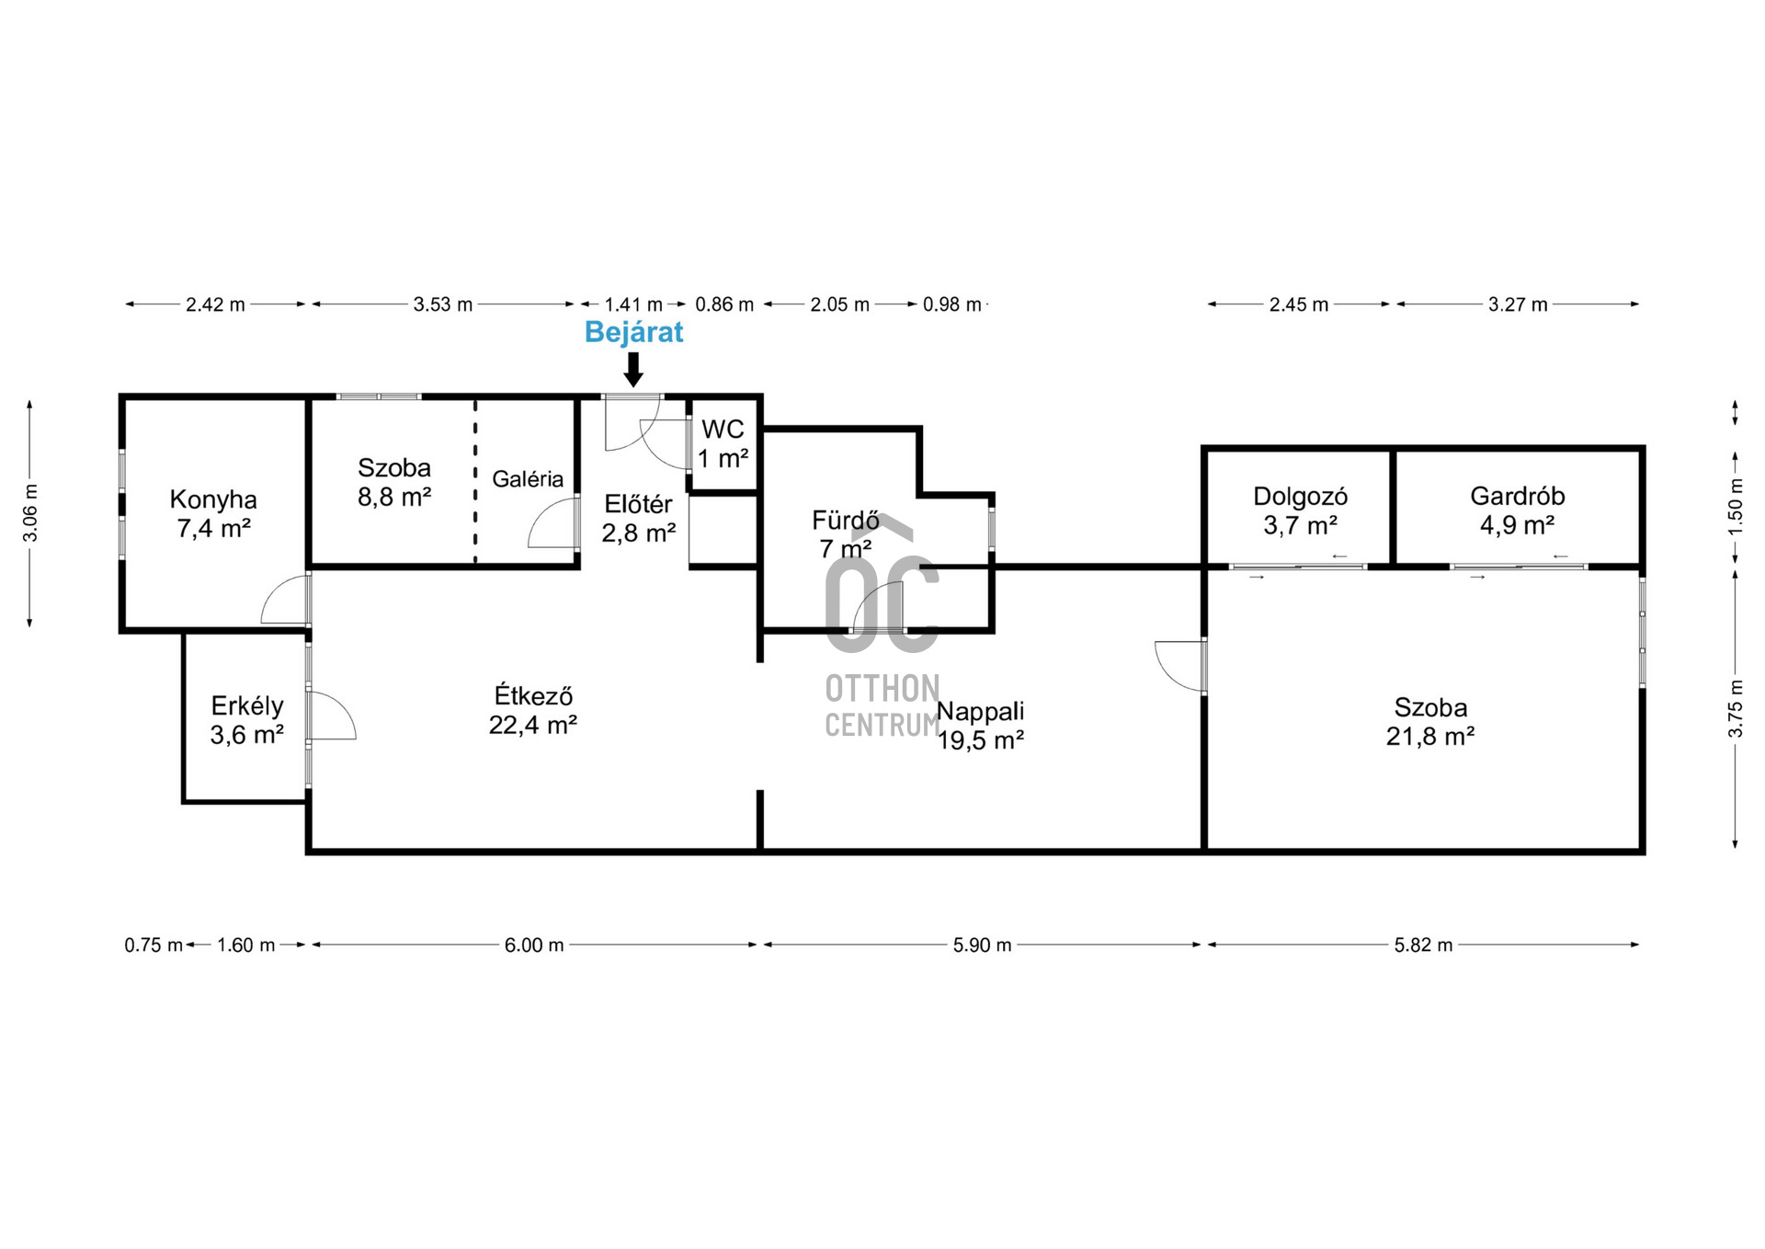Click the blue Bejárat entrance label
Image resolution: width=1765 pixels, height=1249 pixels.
pos(633,331)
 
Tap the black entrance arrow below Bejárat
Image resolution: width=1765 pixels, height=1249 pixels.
pos(633,369)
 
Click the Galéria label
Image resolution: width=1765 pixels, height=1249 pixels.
pos(528,478)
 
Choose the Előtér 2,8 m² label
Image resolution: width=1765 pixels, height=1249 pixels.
pos(639,518)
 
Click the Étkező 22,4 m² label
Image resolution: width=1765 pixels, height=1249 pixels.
pos(533,709)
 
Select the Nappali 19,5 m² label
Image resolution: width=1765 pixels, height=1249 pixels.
pos(980,725)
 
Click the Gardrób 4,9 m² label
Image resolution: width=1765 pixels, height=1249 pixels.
pos(1517,510)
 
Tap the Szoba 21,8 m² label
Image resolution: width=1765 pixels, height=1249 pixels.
pos(1430,721)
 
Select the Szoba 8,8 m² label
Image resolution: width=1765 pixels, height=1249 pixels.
pos(394,482)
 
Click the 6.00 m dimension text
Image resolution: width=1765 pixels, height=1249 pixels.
pos(534,945)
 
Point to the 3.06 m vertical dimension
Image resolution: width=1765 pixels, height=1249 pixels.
pos(30,513)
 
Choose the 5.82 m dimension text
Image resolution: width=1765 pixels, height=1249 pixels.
pos(1423,945)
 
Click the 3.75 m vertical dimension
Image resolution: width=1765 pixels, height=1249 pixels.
pos(1736,708)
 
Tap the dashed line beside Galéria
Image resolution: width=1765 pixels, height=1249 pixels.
pos(475,481)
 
